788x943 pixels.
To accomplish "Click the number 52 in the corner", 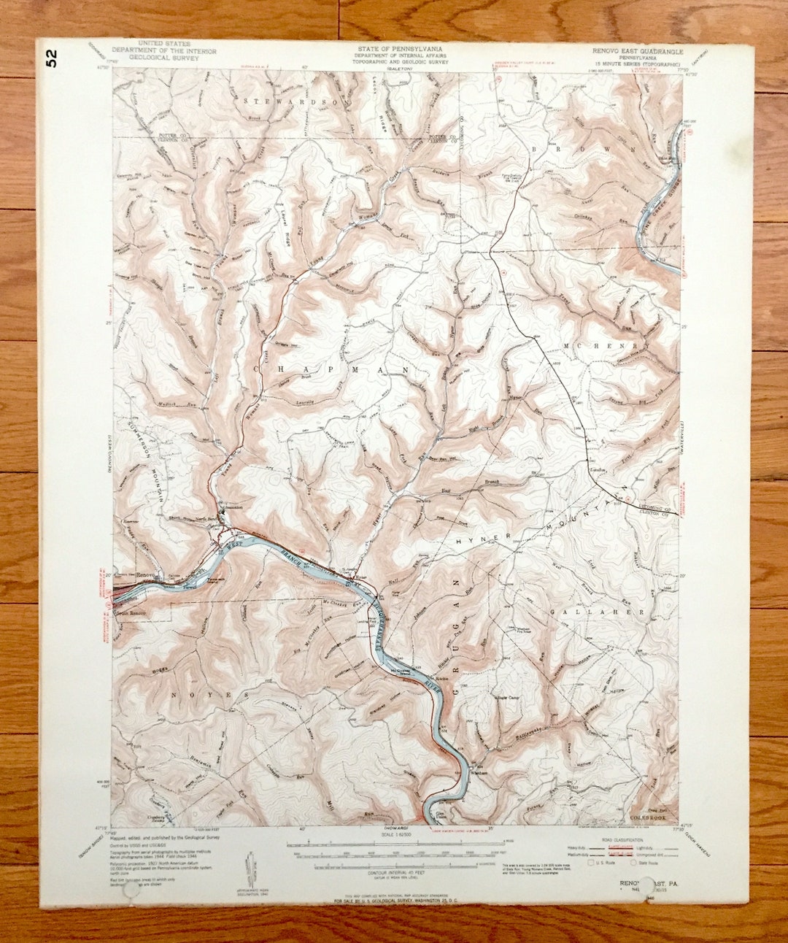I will tap(50, 58).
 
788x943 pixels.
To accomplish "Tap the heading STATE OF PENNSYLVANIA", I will tap(398, 49).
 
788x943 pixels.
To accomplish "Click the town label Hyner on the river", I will tap(359, 577).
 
